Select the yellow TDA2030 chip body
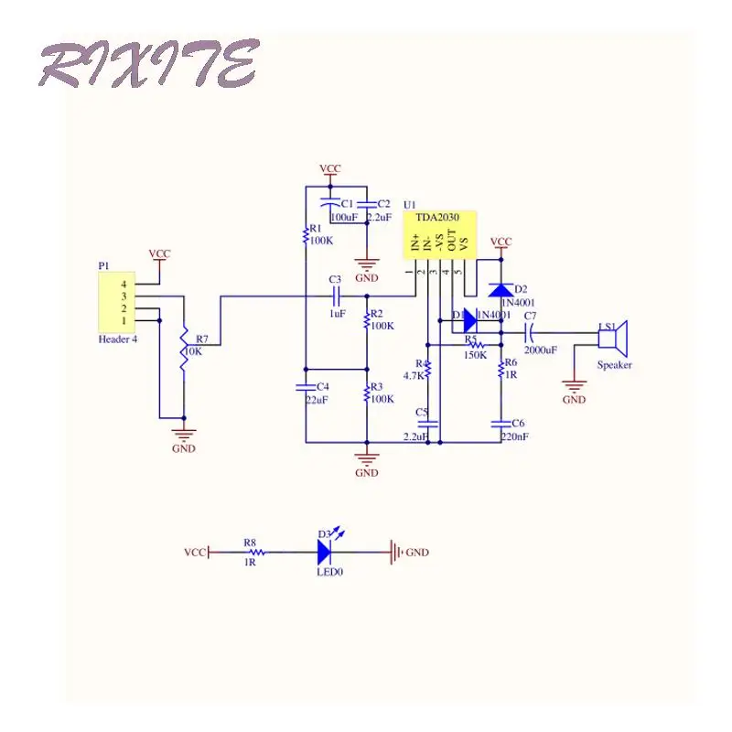441,234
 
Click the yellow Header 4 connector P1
118,301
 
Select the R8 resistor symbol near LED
255,552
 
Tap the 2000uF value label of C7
541,350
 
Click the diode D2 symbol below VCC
501,291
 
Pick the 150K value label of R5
475,354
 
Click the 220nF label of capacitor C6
514,437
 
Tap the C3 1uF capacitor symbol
336,296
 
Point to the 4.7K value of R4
414,375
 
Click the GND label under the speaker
574,400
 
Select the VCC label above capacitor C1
329,169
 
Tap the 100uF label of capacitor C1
343,218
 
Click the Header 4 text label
119,339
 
